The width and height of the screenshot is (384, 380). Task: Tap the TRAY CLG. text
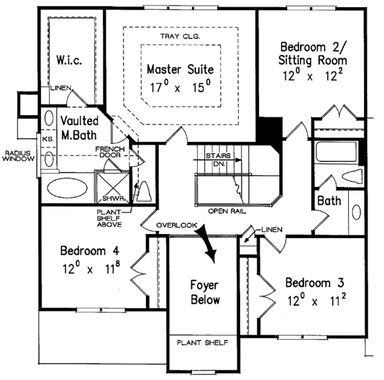point(180,37)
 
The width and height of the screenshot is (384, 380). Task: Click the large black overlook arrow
point(209,242)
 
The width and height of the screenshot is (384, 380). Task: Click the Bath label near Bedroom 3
point(330,202)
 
